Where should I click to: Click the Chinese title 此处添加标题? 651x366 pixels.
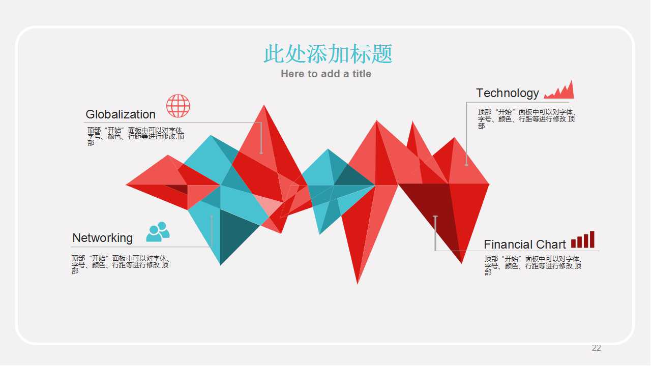coord(328,54)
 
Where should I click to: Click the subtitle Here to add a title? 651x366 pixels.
coord(326,74)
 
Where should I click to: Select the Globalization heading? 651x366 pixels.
coord(121,114)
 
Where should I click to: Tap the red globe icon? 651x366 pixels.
coord(178,106)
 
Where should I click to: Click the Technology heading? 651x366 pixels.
coord(507,93)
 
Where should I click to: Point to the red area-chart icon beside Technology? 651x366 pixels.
coord(559,90)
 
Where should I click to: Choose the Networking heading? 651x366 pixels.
coord(102,238)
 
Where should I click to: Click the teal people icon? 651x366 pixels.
coord(158,232)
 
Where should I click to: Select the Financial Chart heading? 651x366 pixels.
coord(524,245)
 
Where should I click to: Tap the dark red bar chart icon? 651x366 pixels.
coord(583,240)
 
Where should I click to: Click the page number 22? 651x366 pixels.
coord(597,348)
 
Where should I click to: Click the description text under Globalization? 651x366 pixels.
coord(135,136)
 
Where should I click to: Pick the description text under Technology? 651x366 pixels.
coord(526,119)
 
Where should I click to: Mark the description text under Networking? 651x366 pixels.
coord(120,264)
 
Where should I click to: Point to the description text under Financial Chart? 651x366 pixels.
coord(532,265)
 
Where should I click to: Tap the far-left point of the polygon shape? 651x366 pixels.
coord(127,185)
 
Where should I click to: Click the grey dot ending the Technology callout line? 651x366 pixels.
coord(466,164)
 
